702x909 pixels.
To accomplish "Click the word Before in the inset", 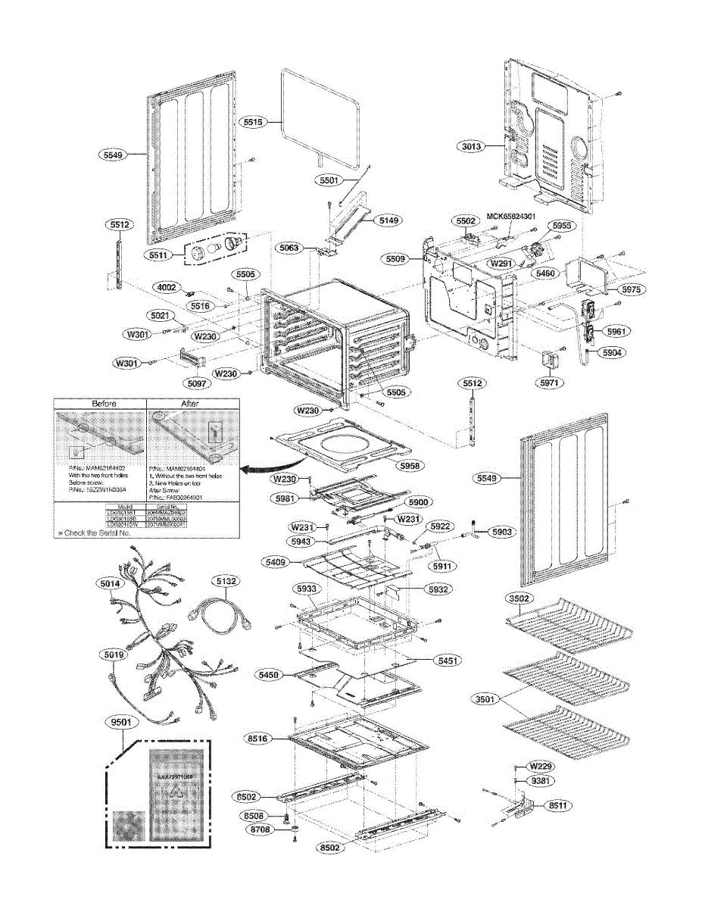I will tap(103, 404).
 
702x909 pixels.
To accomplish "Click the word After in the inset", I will tap(190, 404).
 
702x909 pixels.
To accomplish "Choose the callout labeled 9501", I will tap(121, 723).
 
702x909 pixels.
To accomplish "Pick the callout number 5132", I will tap(226, 582).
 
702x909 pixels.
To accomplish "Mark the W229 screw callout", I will tap(540, 765).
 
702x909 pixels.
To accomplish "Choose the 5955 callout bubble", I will tap(562, 226).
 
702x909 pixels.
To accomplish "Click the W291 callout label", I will tap(501, 264).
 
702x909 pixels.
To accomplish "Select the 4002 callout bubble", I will tap(167, 287).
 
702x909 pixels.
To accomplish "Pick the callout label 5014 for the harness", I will tap(111, 584).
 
